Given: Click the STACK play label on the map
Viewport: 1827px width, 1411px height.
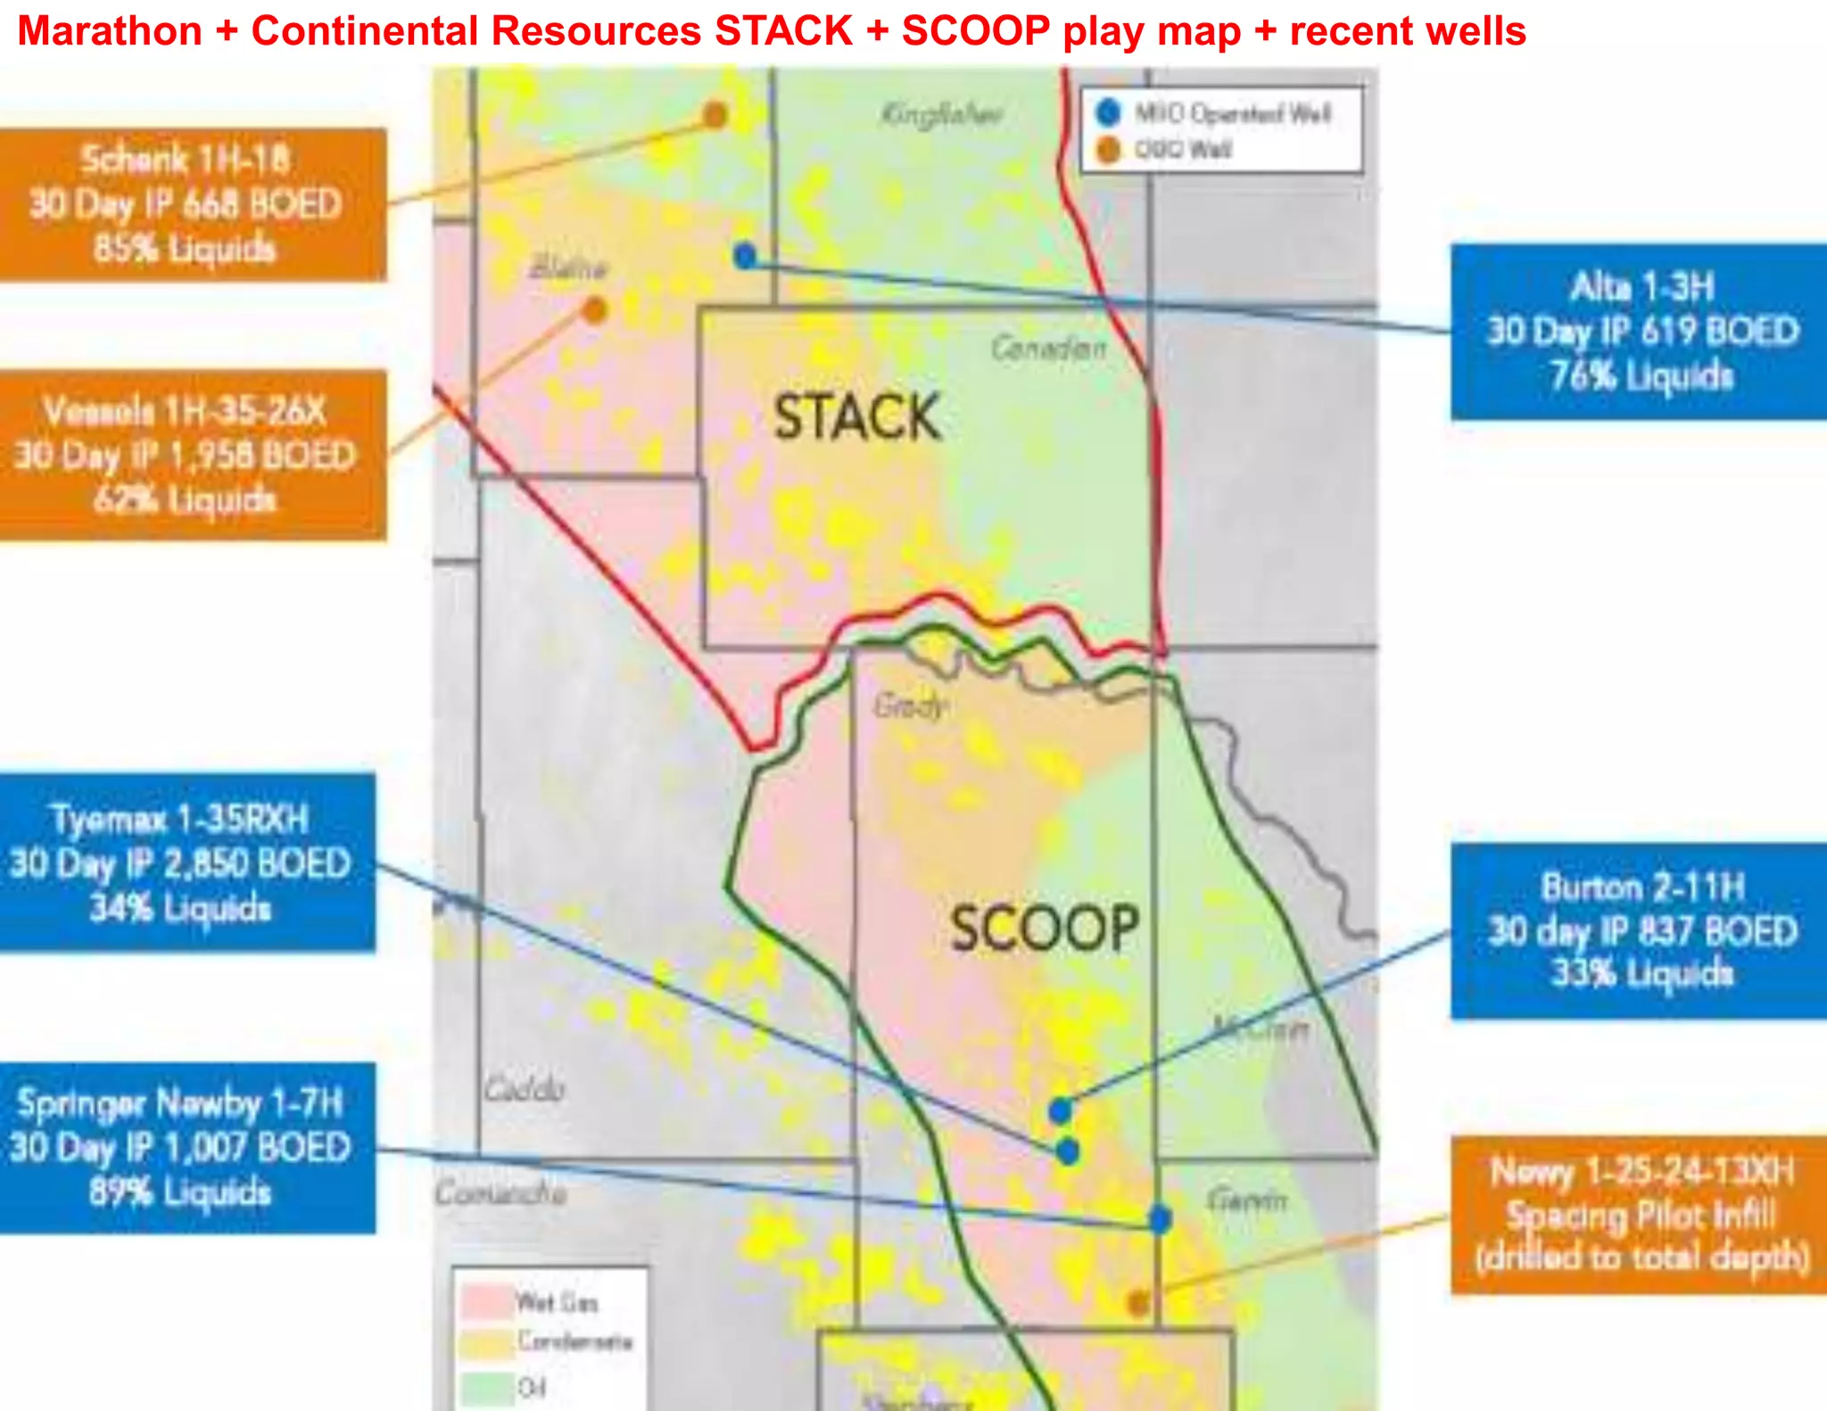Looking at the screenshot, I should [856, 417].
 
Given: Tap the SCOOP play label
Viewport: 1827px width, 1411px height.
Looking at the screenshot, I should [1044, 928].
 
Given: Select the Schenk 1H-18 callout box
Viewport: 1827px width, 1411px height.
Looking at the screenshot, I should [192, 204].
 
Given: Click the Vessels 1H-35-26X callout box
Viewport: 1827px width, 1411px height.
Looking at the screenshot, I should [192, 455].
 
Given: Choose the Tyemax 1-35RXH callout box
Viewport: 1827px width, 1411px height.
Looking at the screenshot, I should [186, 862].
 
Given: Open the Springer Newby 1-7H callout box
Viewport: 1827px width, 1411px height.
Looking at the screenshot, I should [186, 1148].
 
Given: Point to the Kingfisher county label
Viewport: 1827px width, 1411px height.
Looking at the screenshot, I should [941, 114].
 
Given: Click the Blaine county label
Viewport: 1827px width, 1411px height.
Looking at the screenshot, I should [568, 267].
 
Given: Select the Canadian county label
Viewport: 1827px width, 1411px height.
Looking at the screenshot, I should [1048, 347].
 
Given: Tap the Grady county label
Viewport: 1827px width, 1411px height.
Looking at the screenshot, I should [909, 706].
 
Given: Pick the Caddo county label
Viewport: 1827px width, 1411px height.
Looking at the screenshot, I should [525, 1089].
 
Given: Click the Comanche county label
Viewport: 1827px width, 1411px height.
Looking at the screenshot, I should [500, 1192].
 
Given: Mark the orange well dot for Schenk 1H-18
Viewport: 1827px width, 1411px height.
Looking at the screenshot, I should [715, 115].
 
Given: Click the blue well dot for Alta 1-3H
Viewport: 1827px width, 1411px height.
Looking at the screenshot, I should [745, 256].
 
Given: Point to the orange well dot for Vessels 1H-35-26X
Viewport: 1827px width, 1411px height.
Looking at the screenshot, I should [595, 310].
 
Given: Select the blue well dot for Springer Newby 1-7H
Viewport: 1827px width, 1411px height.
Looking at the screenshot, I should [1160, 1218].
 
